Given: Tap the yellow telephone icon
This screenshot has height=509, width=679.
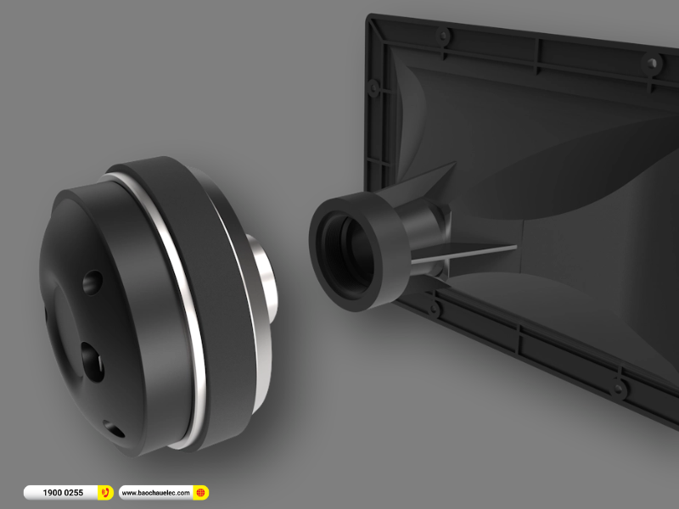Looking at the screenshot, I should coord(105,492).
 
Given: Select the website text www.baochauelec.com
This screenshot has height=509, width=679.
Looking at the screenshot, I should coord(156,492).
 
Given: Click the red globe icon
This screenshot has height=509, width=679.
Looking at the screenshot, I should coord(200,492).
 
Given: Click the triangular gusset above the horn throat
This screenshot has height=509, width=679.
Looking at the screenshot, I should coord(429,183).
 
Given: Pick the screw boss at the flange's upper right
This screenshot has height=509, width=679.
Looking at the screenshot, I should coord(651,63).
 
